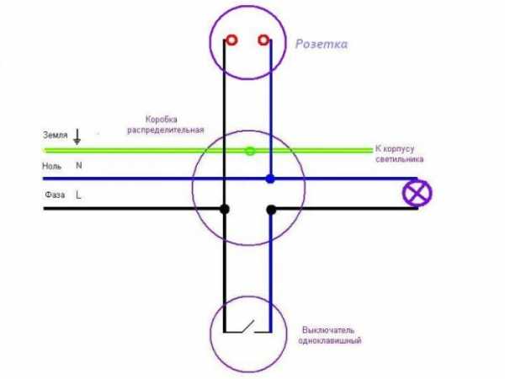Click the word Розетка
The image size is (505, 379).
322,44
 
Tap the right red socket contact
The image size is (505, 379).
263,40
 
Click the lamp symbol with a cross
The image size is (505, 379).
418,193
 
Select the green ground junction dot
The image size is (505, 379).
249,152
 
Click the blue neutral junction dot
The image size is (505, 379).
269,179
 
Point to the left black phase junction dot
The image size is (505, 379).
224,208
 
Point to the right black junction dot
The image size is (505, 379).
269,208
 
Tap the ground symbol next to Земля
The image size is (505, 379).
78,135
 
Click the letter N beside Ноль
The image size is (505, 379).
79,165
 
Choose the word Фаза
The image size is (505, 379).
55,195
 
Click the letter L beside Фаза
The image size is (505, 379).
78,195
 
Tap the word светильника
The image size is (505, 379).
400,158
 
